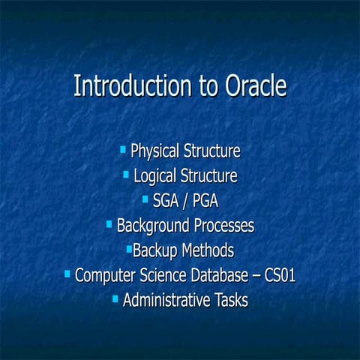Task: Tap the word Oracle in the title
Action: (255, 85)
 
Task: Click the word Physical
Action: (154, 151)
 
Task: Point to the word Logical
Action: (157, 176)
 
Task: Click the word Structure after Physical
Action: (212, 151)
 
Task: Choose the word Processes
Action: (223, 225)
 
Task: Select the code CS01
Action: (278, 275)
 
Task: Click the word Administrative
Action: (163, 300)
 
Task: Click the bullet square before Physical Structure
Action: (123, 150)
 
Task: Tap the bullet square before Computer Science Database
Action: (67, 274)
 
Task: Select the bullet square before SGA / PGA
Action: (145, 199)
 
